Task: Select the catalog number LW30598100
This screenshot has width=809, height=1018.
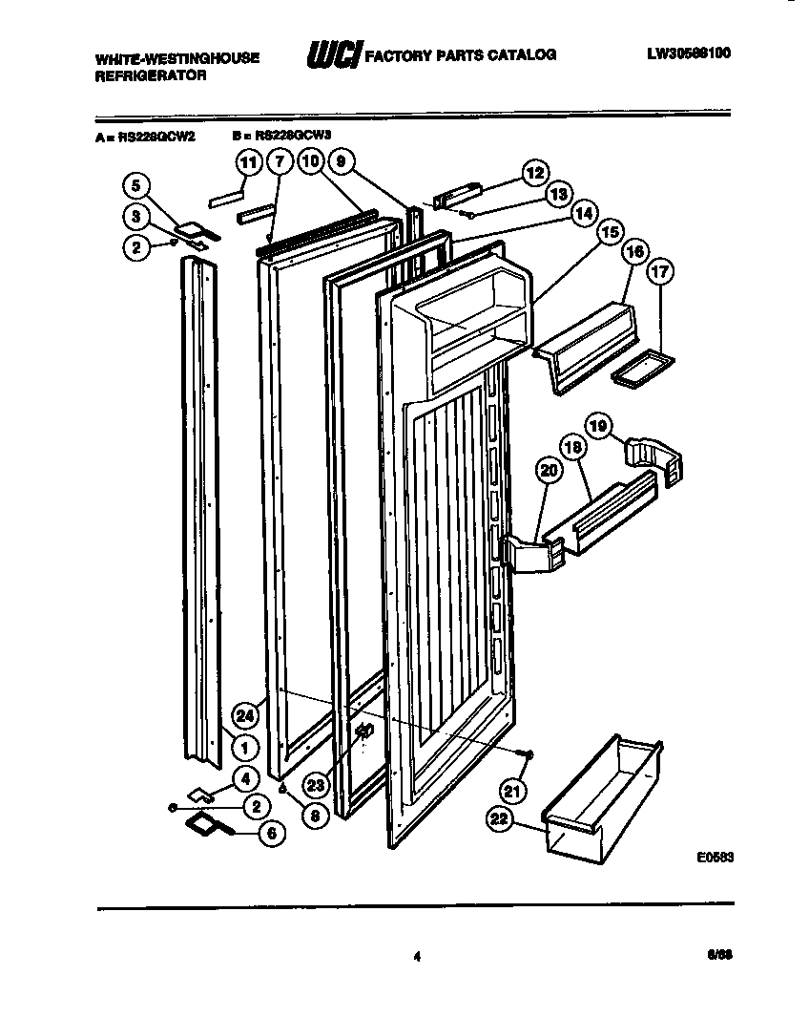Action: (x=688, y=53)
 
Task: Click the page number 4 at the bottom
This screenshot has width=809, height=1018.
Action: (x=417, y=956)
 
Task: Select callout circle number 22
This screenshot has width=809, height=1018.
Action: (x=500, y=818)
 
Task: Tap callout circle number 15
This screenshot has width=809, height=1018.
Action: (x=610, y=233)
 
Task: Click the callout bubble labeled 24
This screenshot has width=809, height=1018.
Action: (x=245, y=713)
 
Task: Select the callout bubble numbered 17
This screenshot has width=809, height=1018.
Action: (x=659, y=273)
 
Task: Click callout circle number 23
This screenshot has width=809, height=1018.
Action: (x=317, y=785)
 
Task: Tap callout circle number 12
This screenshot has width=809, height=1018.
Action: (x=534, y=173)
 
